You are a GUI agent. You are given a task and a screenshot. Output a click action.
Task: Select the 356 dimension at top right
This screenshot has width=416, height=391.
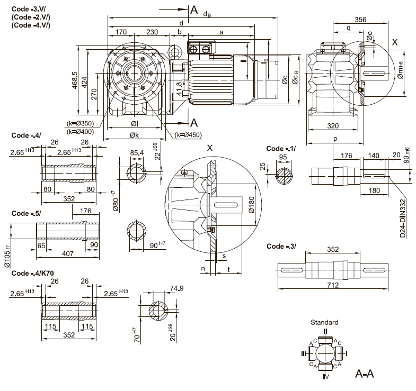tap(360, 20)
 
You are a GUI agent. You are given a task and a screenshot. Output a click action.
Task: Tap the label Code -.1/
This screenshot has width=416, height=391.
tap(280, 149)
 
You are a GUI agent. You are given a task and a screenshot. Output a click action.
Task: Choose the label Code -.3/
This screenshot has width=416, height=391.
tap(281, 246)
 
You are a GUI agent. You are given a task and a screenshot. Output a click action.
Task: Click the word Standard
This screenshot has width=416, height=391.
tap(324, 322)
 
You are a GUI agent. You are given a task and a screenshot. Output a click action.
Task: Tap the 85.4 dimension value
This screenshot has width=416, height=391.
tap(137, 153)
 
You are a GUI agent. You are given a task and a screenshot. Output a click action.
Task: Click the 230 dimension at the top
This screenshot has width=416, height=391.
tap(152, 32)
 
